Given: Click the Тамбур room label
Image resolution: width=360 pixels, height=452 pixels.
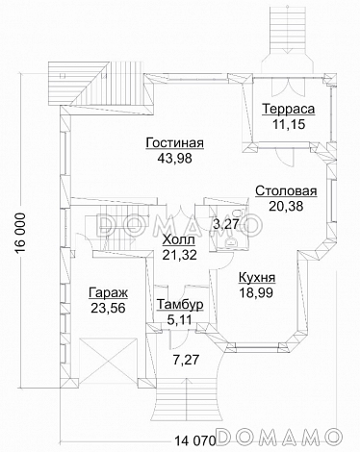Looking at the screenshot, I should [x=179, y=304].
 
